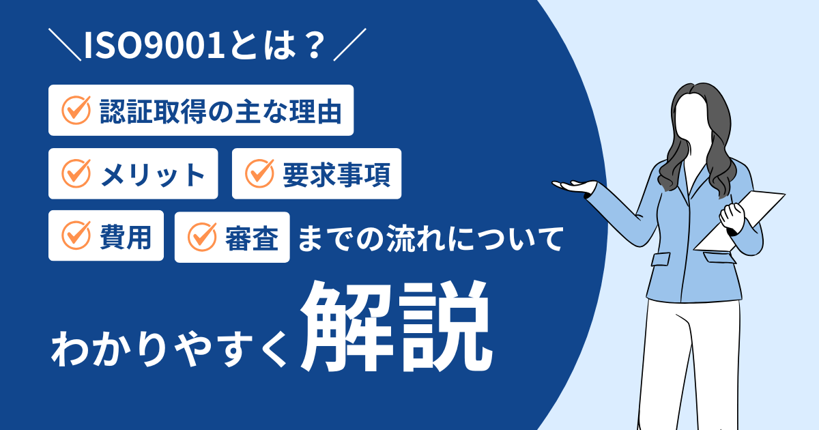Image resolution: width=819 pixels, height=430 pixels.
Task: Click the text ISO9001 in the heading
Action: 154,45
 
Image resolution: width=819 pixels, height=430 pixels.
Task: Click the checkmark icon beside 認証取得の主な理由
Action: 76,110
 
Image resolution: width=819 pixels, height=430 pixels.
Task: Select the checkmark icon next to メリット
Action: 76,173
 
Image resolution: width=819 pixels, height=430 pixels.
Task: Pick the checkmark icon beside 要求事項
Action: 259,173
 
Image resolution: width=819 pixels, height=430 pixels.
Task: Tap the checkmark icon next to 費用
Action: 76,235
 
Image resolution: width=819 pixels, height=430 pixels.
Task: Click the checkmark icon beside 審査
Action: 202,237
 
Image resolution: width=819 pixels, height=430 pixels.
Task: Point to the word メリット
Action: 152,175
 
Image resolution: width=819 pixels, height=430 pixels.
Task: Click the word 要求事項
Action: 336,175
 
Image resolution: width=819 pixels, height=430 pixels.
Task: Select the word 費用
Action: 126,237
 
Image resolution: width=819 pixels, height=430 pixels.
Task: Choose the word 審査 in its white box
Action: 252,238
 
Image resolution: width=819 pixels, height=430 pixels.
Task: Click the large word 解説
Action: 396,326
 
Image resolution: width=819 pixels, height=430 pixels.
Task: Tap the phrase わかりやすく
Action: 169,347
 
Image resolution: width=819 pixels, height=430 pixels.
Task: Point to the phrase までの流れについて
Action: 430,239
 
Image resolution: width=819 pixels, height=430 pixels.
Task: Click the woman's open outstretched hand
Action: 574,186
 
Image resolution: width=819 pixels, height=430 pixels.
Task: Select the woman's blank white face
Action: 691,114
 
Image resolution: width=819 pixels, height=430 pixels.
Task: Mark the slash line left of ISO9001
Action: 65,44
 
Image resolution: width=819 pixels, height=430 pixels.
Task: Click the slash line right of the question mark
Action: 350,44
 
